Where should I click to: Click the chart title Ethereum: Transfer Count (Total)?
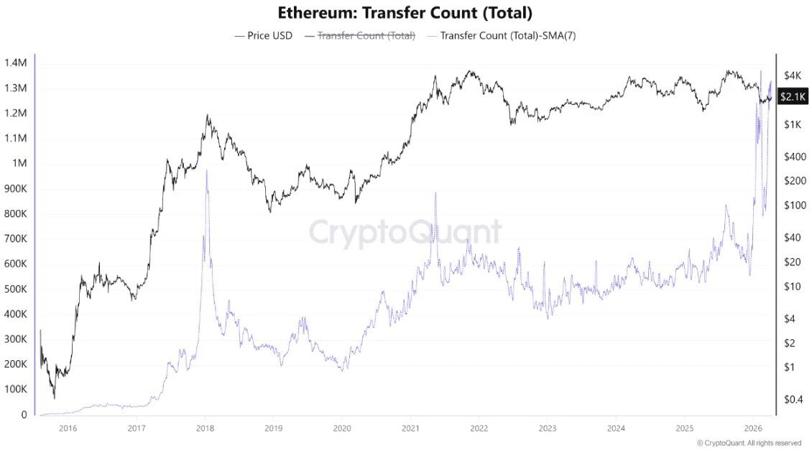(x=405, y=13)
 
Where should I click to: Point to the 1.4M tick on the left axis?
(x=15, y=63)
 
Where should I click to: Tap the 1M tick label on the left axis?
(x=19, y=163)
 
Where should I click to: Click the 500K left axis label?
(x=15, y=289)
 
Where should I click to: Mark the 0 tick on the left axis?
(x=24, y=415)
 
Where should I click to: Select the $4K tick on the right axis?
(x=793, y=75)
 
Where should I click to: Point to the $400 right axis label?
(x=795, y=157)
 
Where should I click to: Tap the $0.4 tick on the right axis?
(x=793, y=399)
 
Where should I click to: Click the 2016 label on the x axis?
(x=68, y=429)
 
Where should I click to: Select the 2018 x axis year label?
(x=205, y=429)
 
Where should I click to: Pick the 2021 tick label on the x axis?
(x=410, y=429)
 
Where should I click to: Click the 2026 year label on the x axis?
(x=752, y=429)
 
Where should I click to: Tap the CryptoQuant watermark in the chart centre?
(x=405, y=232)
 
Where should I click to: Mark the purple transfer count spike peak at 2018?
(x=206, y=170)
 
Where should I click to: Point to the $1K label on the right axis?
(x=793, y=124)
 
